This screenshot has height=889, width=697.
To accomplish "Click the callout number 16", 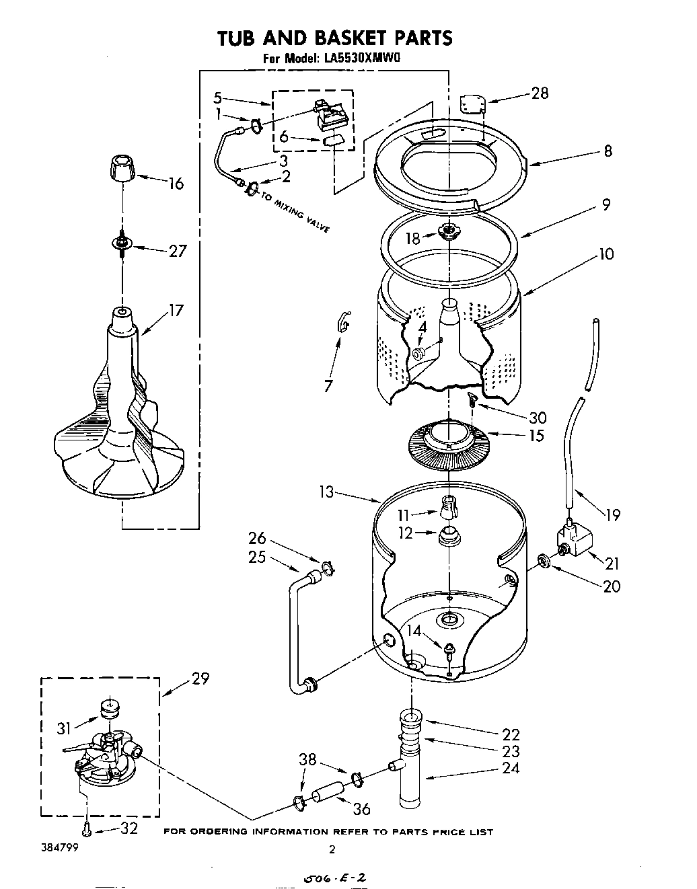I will [176, 183].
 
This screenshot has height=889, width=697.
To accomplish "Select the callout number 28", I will [540, 93].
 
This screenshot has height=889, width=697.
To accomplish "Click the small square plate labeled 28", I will [473, 104].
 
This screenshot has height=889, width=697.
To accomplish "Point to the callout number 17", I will [176, 311].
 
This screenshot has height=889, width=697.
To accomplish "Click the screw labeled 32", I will [87, 830].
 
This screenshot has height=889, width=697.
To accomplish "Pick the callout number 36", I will [362, 809].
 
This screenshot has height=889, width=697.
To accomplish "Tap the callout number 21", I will [612, 564].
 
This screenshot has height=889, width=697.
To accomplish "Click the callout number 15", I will [536, 435].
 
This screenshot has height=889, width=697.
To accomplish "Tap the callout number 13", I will [326, 493].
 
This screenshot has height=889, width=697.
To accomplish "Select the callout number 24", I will [511, 767].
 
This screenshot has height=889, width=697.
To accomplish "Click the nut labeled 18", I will [447, 233].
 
